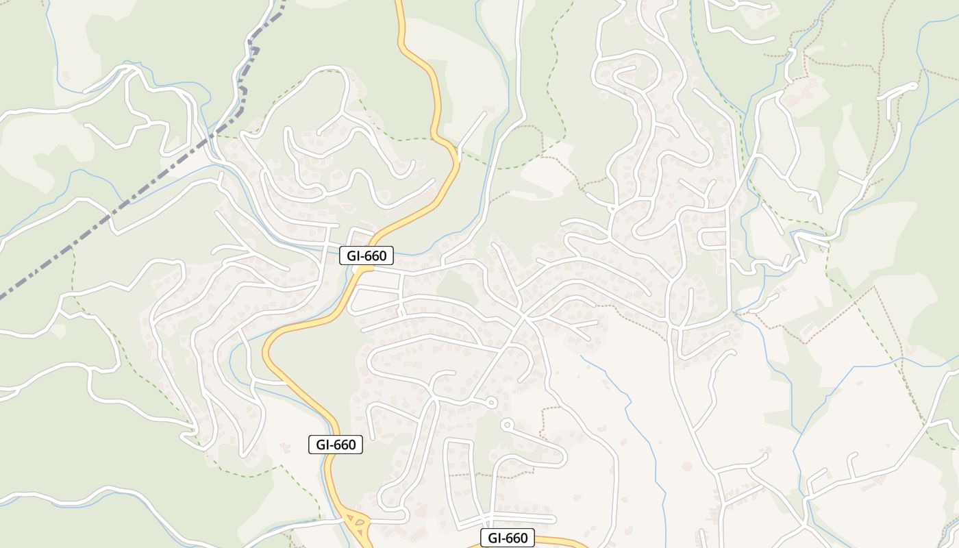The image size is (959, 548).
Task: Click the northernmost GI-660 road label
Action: [366, 256]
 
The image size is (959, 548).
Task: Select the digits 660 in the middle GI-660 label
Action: [345, 445]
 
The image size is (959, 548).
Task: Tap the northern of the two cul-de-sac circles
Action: [491, 403]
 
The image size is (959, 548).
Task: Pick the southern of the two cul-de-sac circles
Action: [507, 425]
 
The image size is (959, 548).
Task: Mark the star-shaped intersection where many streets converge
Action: [524, 317]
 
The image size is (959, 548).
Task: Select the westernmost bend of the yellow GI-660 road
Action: [266, 353]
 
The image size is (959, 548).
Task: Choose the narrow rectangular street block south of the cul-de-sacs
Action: [459, 473]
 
